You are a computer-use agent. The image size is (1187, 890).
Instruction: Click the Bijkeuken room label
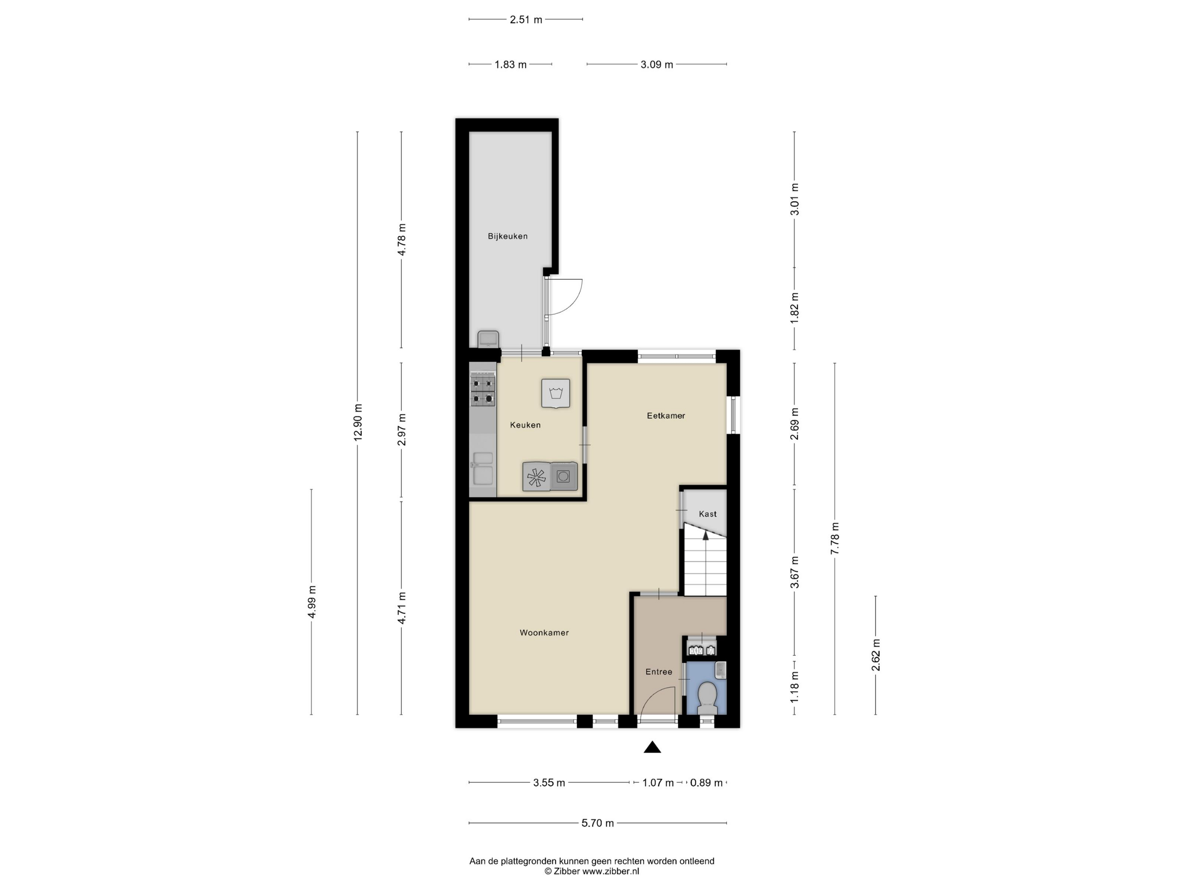(507, 236)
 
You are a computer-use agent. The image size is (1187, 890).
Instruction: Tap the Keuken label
(525, 425)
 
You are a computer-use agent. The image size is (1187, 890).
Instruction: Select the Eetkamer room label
(666, 415)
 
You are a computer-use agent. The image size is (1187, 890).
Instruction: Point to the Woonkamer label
(544, 632)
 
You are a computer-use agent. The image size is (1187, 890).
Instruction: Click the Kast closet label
(708, 514)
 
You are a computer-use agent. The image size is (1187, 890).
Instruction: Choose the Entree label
(659, 672)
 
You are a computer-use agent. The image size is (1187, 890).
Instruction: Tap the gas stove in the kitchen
(483, 391)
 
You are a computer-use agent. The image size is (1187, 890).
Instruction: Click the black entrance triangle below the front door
(652, 747)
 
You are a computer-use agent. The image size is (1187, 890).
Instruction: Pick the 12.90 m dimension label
(358, 422)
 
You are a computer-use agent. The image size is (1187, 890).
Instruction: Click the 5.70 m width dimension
(598, 823)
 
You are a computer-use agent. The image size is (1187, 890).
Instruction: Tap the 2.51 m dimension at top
(526, 20)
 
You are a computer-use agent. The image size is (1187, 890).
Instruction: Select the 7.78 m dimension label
(835, 538)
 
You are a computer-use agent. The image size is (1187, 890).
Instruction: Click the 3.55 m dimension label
(549, 783)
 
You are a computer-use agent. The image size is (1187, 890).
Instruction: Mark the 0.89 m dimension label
(706, 783)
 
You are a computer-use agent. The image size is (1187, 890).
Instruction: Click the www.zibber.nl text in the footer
(611, 871)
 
